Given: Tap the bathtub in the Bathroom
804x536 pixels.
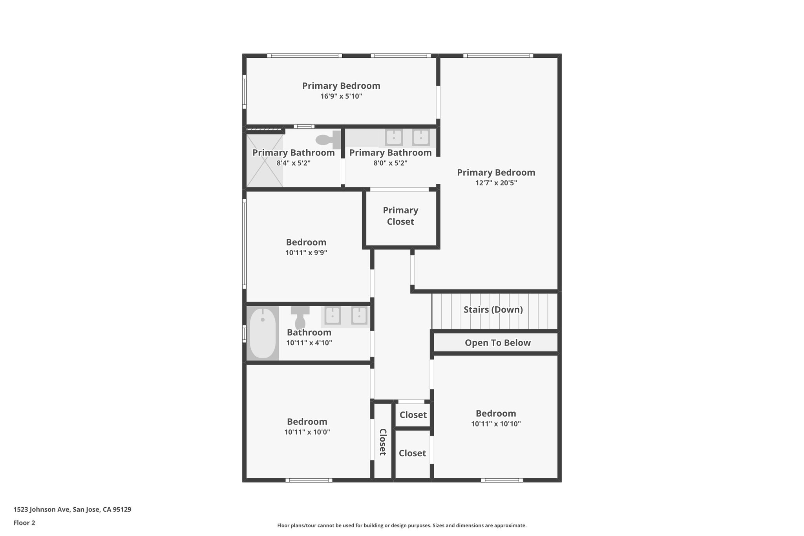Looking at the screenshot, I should coord(263,333).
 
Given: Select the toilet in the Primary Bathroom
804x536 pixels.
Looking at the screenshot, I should coord(328,139).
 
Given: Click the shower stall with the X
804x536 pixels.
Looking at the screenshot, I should coord(265,161).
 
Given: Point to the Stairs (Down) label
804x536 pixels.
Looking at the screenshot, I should coord(493,309).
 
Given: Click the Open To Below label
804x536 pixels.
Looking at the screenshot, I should coord(497,343).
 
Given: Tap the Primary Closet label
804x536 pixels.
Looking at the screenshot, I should coord(400,216).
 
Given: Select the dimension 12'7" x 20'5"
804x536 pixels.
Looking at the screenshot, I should coord(496,183).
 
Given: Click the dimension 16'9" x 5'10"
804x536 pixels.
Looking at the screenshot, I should coord(341,96).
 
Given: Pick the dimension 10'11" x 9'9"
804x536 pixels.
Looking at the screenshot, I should coord(306,252).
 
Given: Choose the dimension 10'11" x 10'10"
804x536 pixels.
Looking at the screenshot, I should coord(496,424).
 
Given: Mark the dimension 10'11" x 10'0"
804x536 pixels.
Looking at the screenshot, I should coord(307,432).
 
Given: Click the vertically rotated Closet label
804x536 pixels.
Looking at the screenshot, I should coord(383,442).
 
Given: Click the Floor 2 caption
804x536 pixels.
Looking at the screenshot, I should coord(24,523).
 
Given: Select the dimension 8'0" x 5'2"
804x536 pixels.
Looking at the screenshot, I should coord(390,163).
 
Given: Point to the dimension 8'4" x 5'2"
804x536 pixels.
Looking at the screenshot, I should coord(294,163).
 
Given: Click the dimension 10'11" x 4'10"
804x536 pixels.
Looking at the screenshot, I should coord(309,343).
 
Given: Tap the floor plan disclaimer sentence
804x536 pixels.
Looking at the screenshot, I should coord(402,525).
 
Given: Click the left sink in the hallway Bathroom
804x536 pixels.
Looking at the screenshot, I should coord(333,316).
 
